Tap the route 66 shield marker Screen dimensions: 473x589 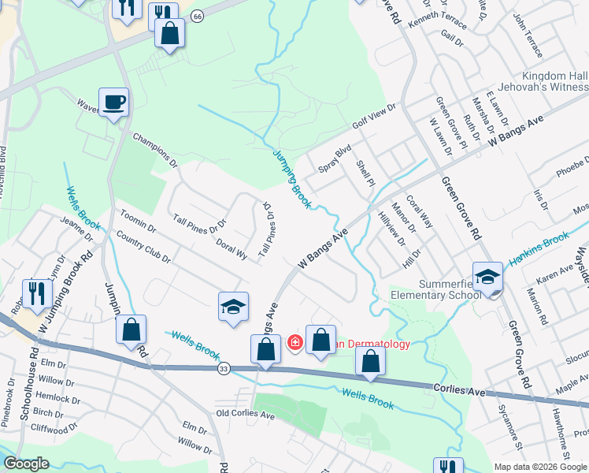point(197,16)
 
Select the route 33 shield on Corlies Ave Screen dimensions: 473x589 point(224,368)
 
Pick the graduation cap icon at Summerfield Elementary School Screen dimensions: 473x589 point(487,277)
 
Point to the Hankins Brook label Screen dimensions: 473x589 point(543,247)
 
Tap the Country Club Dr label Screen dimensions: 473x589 point(143,247)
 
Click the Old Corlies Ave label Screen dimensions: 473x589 point(245,415)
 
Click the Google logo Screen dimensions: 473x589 point(26,464)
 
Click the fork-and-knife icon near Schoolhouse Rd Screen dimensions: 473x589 point(37,293)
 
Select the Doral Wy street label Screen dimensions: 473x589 point(232,250)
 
